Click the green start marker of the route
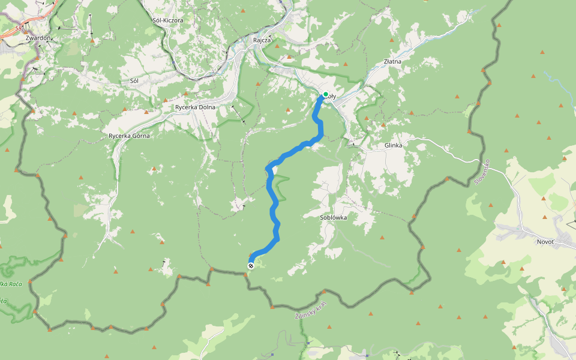(326, 94)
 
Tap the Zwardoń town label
(38, 38)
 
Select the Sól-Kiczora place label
(168, 20)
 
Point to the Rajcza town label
(263, 40)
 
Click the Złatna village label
(392, 61)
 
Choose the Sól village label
(134, 80)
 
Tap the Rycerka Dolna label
(195, 107)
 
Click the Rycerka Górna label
(129, 136)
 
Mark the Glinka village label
(393, 145)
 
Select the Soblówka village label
(334, 217)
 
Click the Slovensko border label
(482, 172)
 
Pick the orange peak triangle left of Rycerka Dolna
(146, 112)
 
